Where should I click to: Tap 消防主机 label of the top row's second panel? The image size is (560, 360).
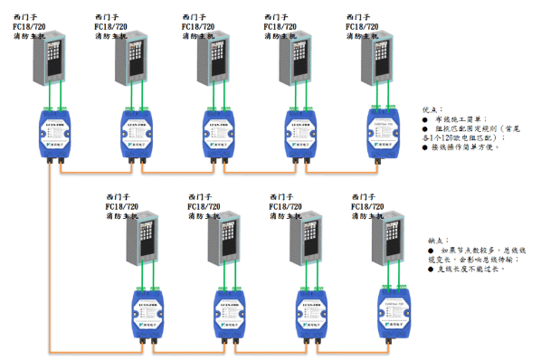pos(113,38)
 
